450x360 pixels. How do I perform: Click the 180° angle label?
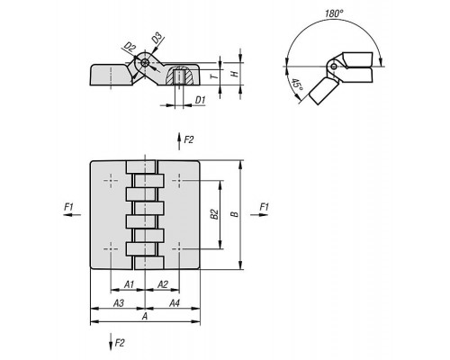[x=334, y=13]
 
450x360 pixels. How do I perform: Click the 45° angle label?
[x=297, y=85]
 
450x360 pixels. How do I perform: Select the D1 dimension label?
[x=200, y=100]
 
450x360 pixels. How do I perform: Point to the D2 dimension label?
[x=130, y=47]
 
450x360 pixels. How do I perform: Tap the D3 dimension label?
[x=157, y=38]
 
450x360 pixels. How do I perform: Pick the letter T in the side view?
[x=214, y=76]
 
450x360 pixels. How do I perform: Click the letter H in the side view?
[x=235, y=74]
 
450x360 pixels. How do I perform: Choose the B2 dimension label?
[x=214, y=214]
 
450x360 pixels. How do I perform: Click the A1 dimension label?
[x=129, y=284]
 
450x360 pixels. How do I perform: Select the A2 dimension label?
[x=163, y=284]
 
